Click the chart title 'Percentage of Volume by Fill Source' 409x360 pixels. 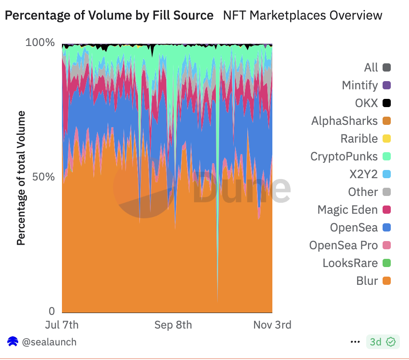tap(109, 15)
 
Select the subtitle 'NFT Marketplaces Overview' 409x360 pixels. tap(302, 15)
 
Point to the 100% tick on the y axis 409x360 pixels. tap(40, 43)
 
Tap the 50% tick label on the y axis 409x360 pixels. tap(43, 177)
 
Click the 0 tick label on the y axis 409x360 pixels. tap(52, 311)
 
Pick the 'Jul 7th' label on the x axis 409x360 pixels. tap(62, 325)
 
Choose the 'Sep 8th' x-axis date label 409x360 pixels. tap(173, 325)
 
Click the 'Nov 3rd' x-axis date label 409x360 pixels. tap(271, 325)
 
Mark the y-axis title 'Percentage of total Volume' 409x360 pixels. tap(21, 177)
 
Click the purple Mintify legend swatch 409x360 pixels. tap(387, 85)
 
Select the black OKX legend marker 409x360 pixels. tap(387, 103)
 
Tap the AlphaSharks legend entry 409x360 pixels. tap(345, 121)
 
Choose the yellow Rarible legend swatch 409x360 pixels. tap(387, 139)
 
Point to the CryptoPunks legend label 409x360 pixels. tap(344, 156)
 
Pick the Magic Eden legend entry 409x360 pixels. tap(348, 210)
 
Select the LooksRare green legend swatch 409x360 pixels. tap(387, 263)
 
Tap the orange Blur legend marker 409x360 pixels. tap(387, 281)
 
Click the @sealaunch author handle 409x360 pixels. tap(49, 342)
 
